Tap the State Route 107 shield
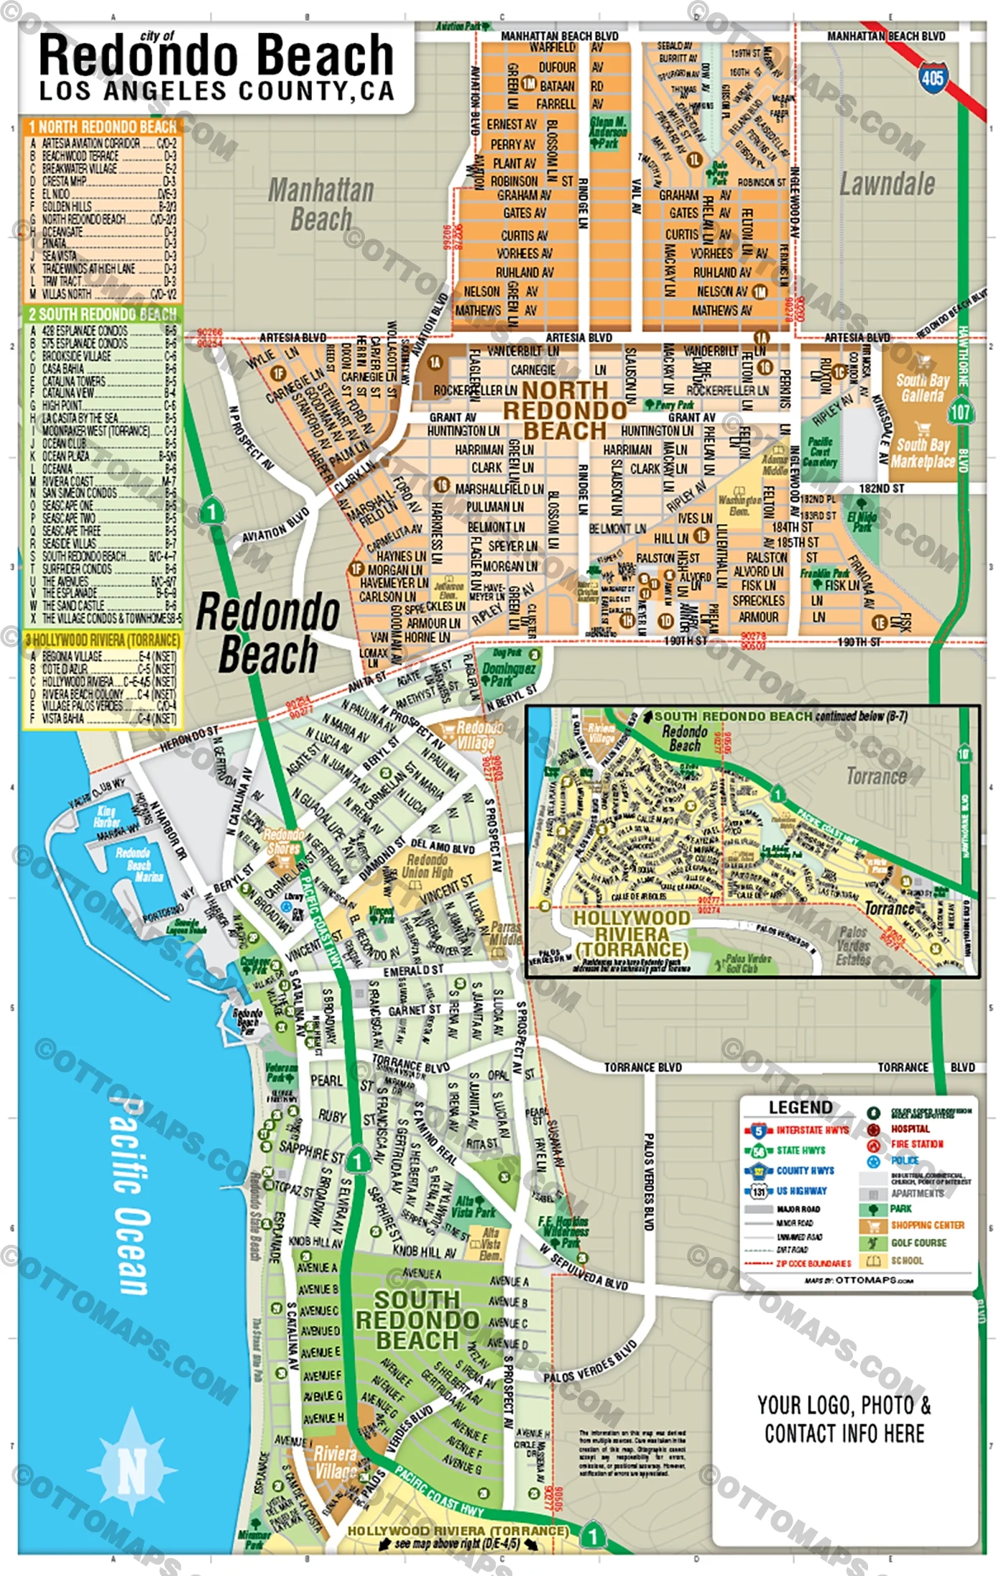coord(960,413)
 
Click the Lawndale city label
coord(887,185)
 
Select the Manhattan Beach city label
coord(320,205)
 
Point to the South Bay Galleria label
coord(923,387)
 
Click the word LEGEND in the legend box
coord(800,1107)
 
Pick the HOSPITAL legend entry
coord(910,1129)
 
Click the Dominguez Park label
coord(509,674)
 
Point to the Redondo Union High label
coord(428,866)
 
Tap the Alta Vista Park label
coord(475,1207)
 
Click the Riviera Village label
coord(335,1462)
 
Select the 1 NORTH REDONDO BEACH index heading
coord(102,126)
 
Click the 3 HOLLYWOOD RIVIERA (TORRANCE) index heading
coord(102,640)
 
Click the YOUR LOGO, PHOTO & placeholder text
coord(844,1405)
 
